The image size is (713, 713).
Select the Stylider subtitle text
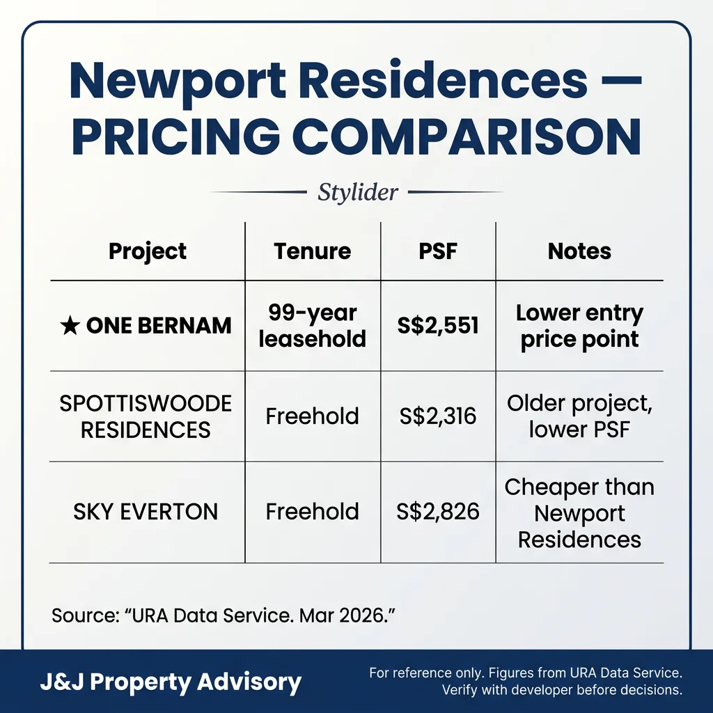click(x=357, y=192)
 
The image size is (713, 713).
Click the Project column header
click(x=148, y=251)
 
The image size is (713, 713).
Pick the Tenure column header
click(x=312, y=251)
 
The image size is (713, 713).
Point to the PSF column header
click(x=438, y=251)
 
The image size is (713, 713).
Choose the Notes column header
click(x=579, y=251)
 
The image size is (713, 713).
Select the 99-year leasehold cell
click(x=312, y=326)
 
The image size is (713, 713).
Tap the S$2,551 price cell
click(x=438, y=326)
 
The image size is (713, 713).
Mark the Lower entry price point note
click(x=579, y=326)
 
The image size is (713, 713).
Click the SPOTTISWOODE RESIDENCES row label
click(x=146, y=416)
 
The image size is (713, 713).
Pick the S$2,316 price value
click(x=438, y=416)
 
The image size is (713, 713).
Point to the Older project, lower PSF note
click(x=579, y=416)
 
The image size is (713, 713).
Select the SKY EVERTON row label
click(x=146, y=512)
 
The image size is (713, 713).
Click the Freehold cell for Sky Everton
click(x=312, y=512)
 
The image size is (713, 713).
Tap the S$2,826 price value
click(x=438, y=512)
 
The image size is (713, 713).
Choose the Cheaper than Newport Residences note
click(x=579, y=513)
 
